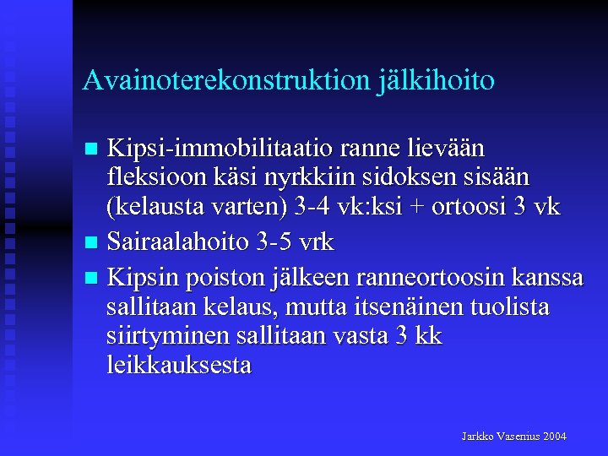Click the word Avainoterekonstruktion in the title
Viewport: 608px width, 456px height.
[x=225, y=81]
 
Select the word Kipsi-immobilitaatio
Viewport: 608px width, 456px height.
[x=220, y=149]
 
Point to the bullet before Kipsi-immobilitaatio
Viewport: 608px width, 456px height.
[x=95, y=149]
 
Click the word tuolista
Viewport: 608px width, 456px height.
[x=512, y=306]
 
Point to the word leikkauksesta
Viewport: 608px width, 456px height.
[x=179, y=366]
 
